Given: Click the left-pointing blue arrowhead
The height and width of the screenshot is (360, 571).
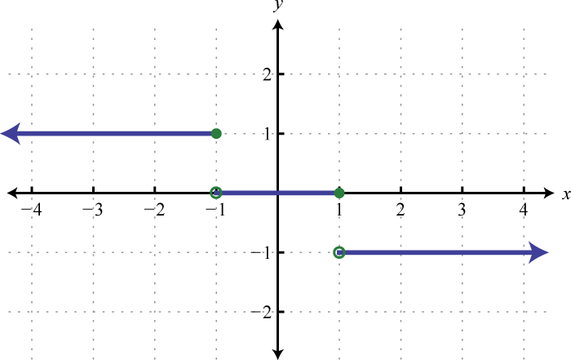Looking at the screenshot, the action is (x=11, y=133).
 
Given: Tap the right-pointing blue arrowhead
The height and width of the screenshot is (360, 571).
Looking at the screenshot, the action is (x=538, y=252).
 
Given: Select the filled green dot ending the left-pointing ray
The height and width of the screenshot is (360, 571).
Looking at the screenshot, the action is (x=216, y=133).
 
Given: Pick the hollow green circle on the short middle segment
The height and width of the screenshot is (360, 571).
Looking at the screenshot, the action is (x=215, y=193).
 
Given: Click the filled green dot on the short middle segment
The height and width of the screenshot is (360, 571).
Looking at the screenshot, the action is (x=339, y=193).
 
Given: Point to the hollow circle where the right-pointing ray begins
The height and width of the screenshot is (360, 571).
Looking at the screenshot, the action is (x=339, y=252).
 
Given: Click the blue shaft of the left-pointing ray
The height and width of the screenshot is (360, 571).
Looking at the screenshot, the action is (x=114, y=133).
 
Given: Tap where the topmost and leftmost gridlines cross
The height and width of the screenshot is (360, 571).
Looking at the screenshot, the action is (x=32, y=74).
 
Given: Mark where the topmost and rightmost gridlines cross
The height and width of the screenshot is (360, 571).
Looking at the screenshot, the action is (x=524, y=74).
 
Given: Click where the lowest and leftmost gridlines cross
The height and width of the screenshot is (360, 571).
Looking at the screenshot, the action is (x=32, y=312).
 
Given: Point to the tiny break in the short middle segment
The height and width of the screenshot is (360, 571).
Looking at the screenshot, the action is (x=277, y=193).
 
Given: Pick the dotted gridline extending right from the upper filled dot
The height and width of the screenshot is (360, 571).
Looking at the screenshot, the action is (x=383, y=133).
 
